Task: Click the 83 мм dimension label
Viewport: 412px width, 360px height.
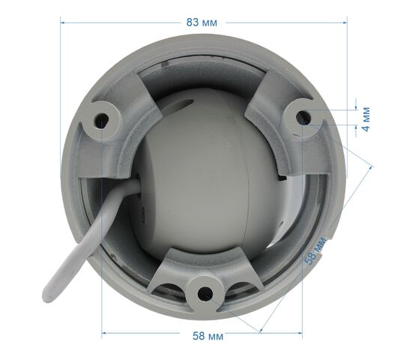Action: click(202, 22)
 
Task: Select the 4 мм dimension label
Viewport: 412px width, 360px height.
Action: click(366, 119)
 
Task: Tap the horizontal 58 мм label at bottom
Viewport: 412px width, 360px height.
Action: click(207, 336)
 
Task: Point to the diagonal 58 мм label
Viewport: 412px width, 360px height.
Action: click(315, 250)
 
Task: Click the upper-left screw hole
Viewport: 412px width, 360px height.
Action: click(102, 121)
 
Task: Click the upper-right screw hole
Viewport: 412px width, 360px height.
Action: click(303, 117)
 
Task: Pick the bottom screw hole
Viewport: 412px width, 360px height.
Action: click(205, 293)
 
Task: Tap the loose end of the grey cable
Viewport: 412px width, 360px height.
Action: click(47, 297)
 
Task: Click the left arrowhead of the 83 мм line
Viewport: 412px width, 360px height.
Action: click(62, 23)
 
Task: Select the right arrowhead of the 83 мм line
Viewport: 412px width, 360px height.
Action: click(345, 23)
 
